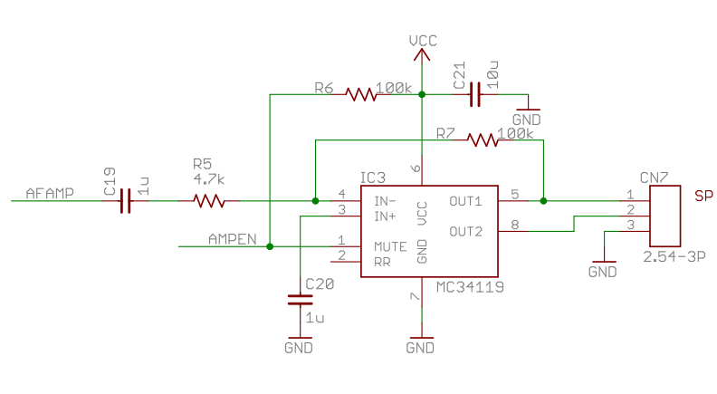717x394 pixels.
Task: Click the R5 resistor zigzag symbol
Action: coord(209,201)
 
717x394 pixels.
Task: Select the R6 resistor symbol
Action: coord(361,94)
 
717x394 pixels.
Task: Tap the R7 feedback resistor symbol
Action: coord(483,140)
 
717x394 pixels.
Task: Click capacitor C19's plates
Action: coord(125,201)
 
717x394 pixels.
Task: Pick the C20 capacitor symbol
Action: coord(300,300)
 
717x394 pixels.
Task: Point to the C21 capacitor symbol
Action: coord(475,94)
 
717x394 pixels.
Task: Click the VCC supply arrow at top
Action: coord(422,55)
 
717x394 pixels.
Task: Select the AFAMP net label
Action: coord(50,194)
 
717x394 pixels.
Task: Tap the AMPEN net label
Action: coord(233,239)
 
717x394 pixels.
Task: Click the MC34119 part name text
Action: coord(470,287)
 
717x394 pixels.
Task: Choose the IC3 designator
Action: coord(373,178)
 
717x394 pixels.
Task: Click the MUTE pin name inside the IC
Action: coord(390,247)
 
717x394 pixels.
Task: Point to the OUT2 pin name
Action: coord(465,232)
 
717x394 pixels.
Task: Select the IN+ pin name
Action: coord(385,216)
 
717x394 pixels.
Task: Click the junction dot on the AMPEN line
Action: coord(270,246)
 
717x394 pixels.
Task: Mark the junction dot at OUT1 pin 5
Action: coord(543,201)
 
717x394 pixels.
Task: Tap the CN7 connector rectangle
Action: coord(664,216)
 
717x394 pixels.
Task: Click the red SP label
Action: coord(703,196)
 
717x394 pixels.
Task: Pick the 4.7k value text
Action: coord(208,179)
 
